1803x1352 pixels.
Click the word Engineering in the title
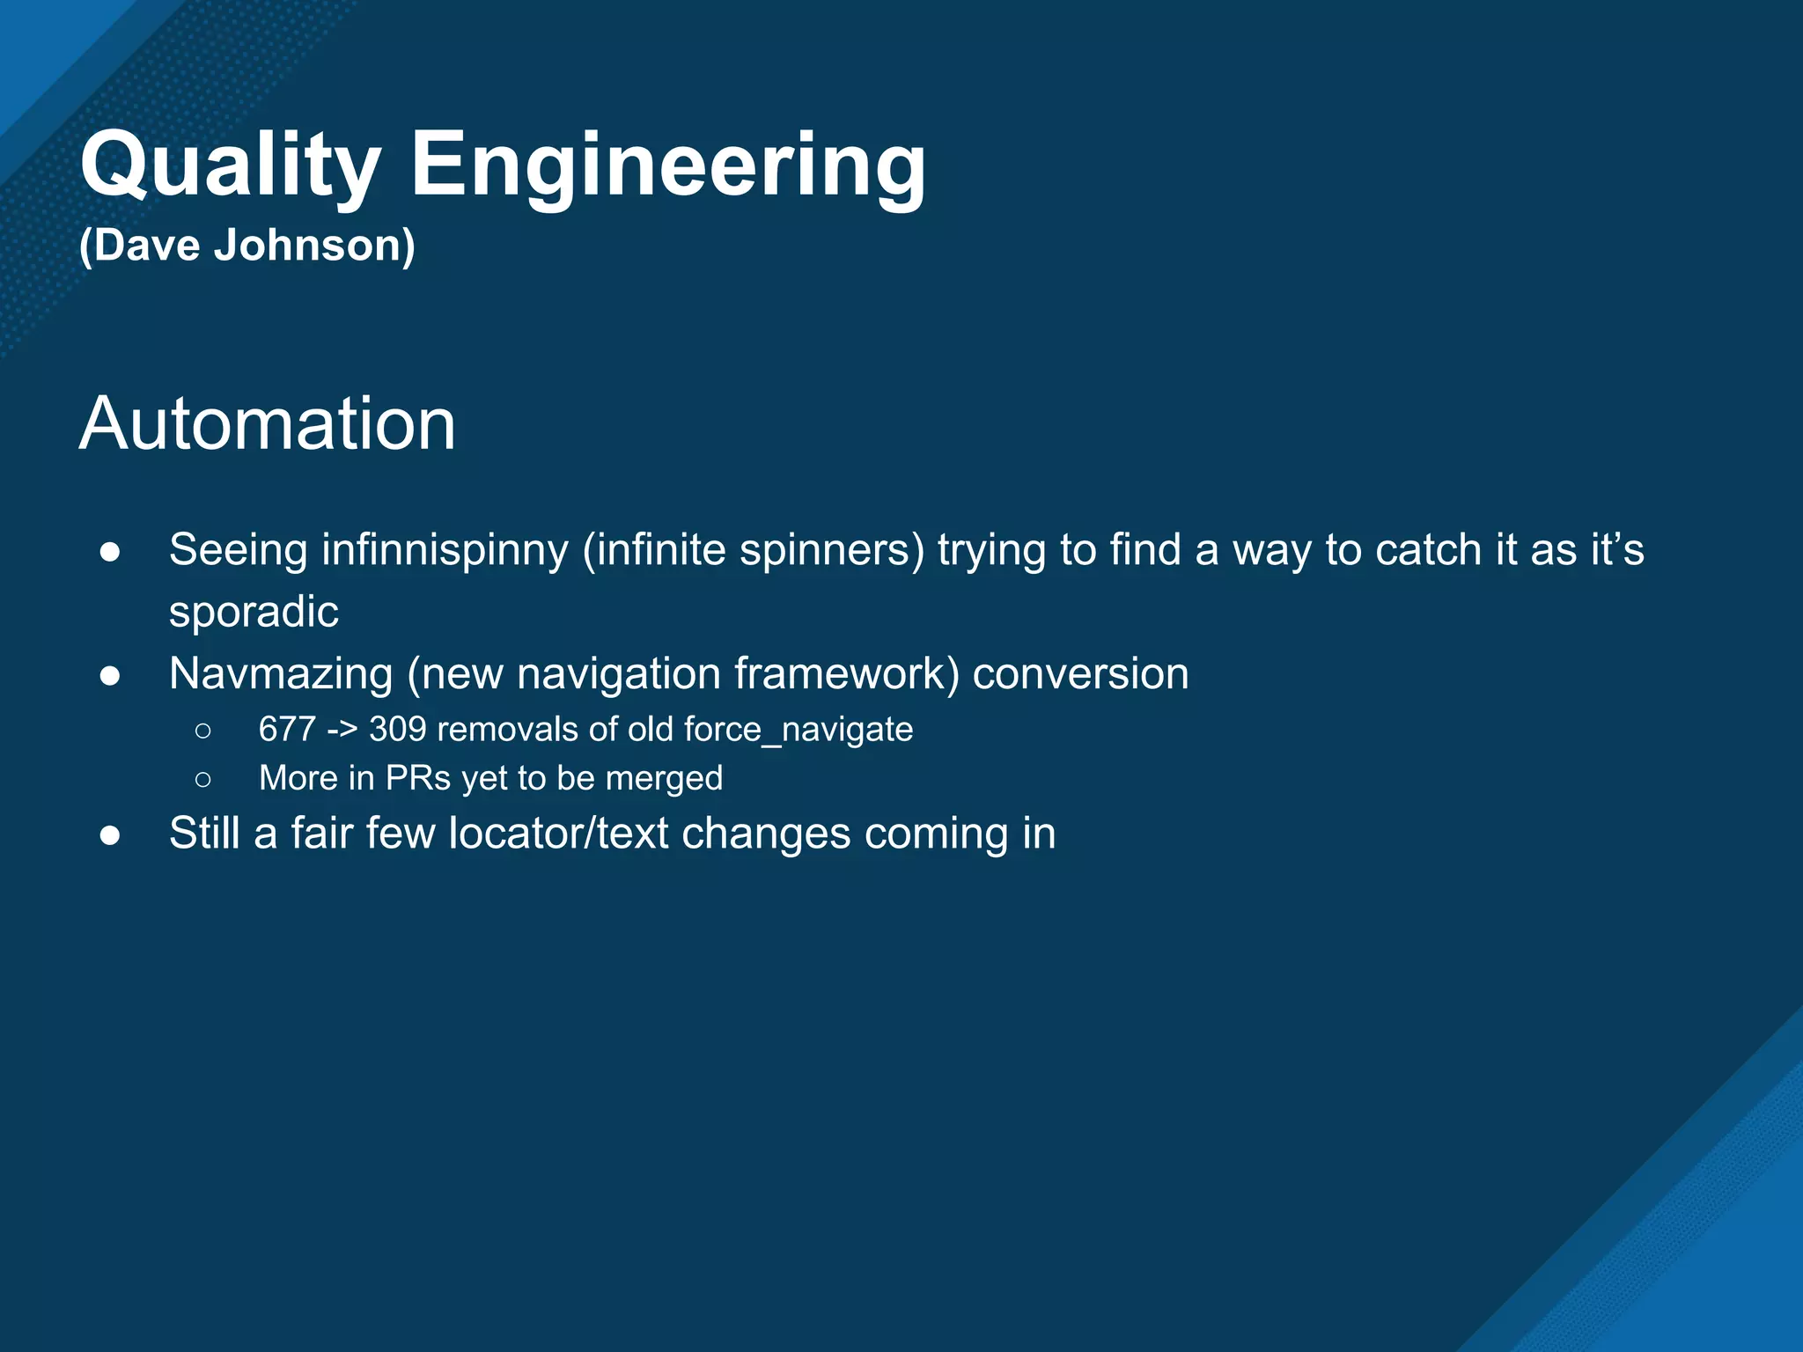(x=667, y=165)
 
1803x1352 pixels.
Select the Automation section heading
(x=268, y=424)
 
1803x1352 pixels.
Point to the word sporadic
(x=254, y=611)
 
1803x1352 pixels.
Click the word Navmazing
(x=281, y=674)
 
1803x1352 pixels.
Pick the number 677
(x=287, y=730)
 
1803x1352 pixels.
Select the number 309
(x=398, y=730)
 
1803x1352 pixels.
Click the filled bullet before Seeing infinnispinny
(x=110, y=552)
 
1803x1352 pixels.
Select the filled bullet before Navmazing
(x=110, y=675)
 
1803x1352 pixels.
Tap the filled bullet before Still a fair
(x=110, y=834)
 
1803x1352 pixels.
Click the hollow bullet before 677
(x=203, y=731)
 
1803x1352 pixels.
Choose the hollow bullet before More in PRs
(x=203, y=779)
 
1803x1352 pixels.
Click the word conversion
(x=1080, y=674)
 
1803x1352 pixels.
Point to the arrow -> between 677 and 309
(x=342, y=731)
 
